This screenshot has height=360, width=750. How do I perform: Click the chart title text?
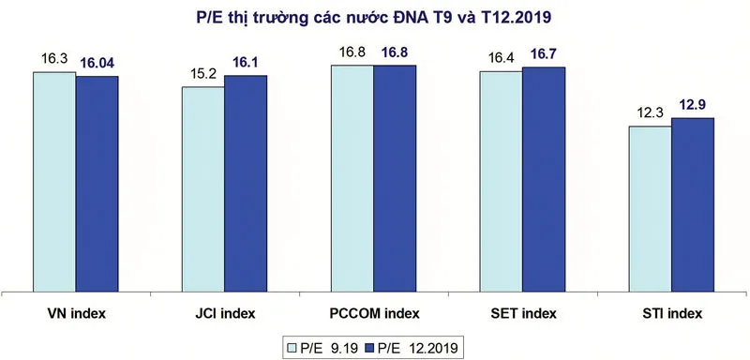click(374, 19)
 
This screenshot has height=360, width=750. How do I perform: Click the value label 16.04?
click(98, 64)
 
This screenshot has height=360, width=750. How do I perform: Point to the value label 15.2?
click(203, 74)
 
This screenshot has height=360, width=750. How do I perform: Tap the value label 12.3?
click(650, 113)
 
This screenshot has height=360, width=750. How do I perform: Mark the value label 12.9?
click(693, 105)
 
